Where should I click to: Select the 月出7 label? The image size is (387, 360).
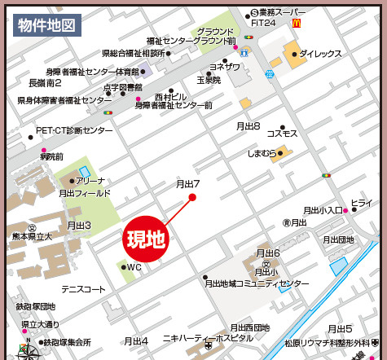click(x=188, y=184)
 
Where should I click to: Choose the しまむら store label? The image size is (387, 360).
click(x=261, y=152)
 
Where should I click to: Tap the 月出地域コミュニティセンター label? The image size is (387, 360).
click(x=258, y=283)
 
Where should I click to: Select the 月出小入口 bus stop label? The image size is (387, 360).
click(x=323, y=209)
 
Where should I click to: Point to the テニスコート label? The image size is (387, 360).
click(x=84, y=289)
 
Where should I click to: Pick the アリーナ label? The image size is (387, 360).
click(x=91, y=182)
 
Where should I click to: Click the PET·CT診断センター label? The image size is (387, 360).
click(x=74, y=130)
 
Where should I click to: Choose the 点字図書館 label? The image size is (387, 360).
click(x=123, y=87)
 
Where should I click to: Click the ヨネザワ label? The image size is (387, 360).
click(x=225, y=67)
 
